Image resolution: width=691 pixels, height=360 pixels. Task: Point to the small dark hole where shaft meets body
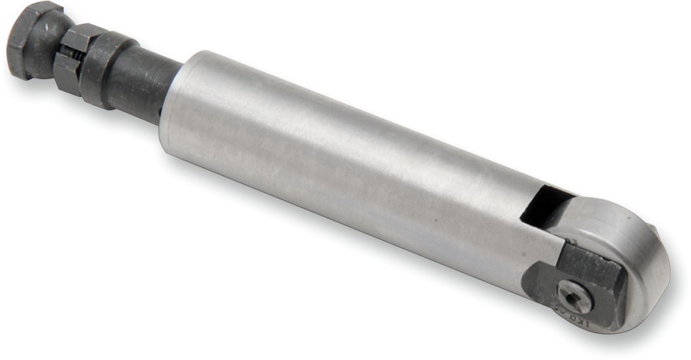tap(160, 115)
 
